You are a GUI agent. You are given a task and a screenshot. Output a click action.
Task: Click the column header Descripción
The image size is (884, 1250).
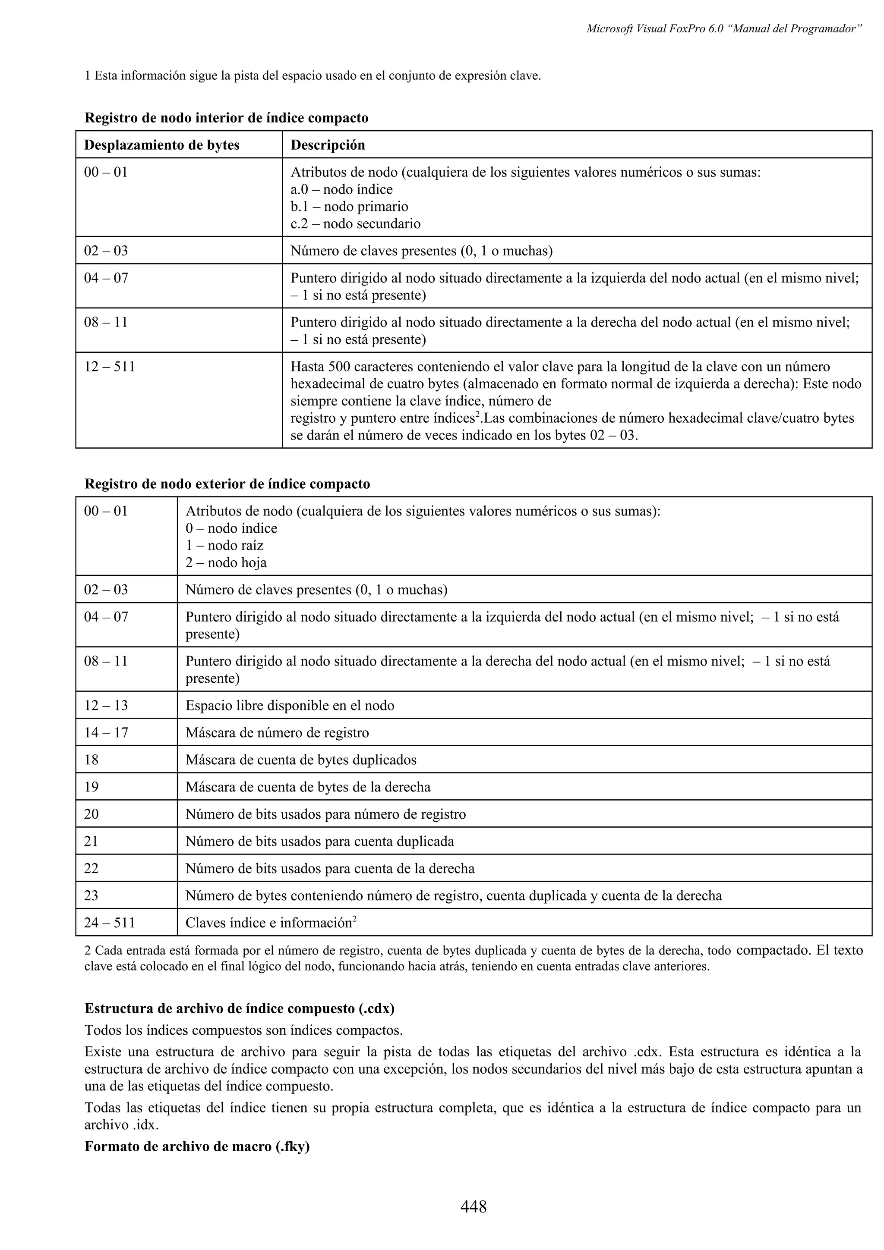coord(327,145)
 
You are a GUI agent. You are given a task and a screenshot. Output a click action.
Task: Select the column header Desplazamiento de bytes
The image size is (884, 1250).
coord(162,145)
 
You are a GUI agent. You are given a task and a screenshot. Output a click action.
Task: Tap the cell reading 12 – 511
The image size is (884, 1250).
coord(110,366)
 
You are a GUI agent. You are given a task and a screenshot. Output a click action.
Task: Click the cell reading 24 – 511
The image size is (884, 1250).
coord(110,923)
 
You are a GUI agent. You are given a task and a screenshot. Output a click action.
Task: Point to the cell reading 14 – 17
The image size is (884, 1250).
coord(106,733)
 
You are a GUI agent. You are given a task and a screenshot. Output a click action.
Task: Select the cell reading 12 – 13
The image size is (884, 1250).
coord(106,706)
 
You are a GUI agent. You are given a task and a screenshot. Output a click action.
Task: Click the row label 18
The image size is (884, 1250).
coord(92,760)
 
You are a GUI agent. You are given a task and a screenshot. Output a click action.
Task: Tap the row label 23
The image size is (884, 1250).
coord(92,895)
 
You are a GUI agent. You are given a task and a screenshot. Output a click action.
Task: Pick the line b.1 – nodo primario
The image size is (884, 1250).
coord(349,206)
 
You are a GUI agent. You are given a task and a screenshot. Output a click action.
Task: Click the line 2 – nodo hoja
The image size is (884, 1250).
coord(226,562)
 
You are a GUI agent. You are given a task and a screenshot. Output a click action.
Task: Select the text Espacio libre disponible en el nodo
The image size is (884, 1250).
coord(290,706)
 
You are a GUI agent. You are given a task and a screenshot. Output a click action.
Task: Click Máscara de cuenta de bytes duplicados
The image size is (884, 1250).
coord(301,760)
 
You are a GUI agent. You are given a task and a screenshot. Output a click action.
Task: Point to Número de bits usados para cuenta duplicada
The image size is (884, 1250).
coord(320,841)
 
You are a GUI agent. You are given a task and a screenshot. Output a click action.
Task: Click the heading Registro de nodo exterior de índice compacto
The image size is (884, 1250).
coord(227,484)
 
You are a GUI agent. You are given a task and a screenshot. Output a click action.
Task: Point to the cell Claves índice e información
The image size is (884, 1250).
coord(271,923)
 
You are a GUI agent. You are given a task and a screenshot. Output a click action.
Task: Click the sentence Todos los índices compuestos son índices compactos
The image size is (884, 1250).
coord(244,1030)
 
